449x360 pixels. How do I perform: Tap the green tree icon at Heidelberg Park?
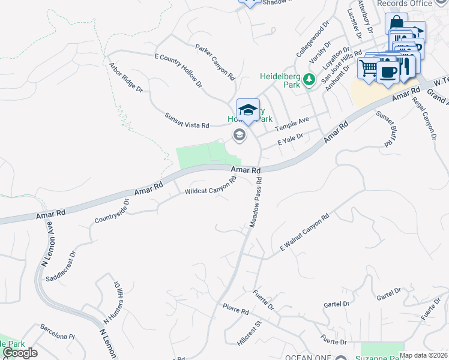tap(309, 79)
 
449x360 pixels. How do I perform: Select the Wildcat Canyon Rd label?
tap(210, 187)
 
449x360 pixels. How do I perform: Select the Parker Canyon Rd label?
tap(214, 62)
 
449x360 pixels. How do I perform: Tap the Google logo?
tap(19, 353)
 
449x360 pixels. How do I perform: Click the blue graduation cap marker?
tap(248, 110)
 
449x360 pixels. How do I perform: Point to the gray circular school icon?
tap(240, 135)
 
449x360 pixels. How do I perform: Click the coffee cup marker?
tap(388, 71)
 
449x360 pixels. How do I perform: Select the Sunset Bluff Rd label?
tap(384, 129)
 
